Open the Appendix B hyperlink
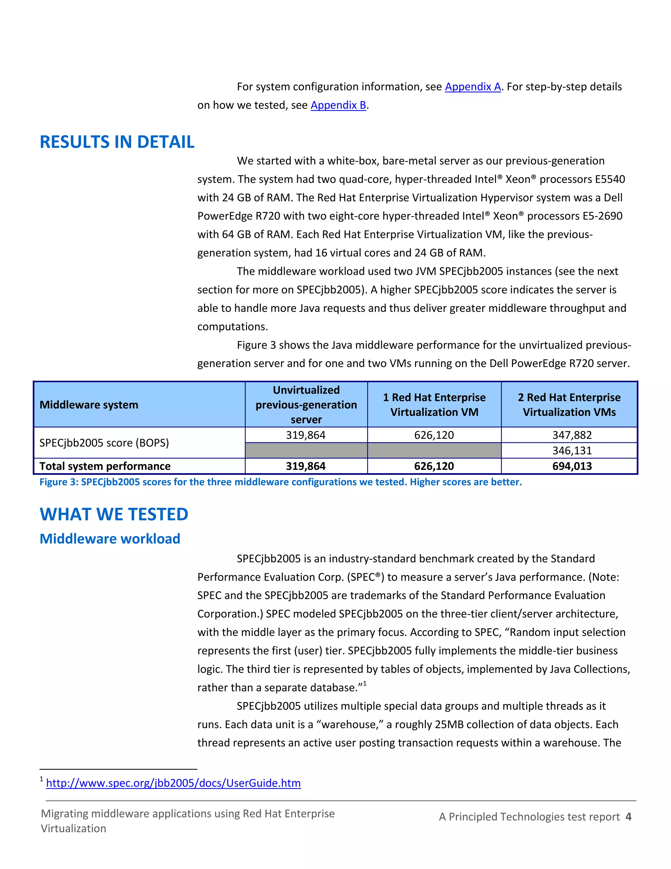tap(338, 105)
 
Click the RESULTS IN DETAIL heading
tap(117, 142)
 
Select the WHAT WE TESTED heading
tap(114, 514)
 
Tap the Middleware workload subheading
tap(110, 538)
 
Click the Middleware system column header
tap(89, 405)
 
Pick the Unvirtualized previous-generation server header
tap(306, 405)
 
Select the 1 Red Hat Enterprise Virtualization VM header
tap(434, 405)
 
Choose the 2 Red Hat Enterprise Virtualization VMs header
tap(569, 405)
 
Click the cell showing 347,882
tap(572, 435)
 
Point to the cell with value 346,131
tap(572, 451)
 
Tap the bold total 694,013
tap(572, 466)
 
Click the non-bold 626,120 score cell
tap(434, 435)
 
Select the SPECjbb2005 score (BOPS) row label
tap(104, 442)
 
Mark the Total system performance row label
tap(105, 466)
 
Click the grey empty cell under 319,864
tap(306, 451)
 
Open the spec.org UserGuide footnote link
tap(173, 783)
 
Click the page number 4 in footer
tap(628, 817)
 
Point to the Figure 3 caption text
tap(280, 482)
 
